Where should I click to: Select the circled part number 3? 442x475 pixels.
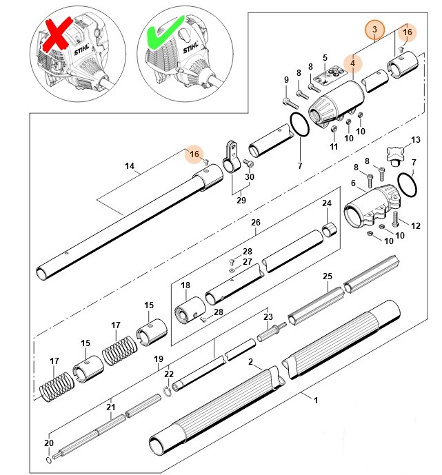coord(374,30)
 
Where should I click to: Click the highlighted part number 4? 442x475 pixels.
coord(352,63)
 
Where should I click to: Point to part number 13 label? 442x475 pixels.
coord(415,141)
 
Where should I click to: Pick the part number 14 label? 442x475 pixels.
coord(128,165)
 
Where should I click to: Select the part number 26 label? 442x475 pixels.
coord(255,223)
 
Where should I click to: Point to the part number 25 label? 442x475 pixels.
coord(328,276)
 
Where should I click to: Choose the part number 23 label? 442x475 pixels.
coord(268,316)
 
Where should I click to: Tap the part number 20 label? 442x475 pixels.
coord(48,443)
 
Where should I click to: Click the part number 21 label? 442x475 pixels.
coord(110,407)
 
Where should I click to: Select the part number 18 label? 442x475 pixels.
coord(185,285)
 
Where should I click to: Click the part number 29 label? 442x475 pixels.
coord(241,201)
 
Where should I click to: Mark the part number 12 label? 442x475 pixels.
coord(415,225)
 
